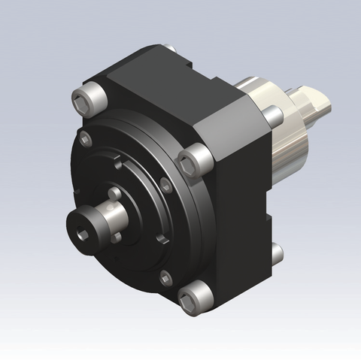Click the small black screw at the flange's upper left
click(86, 138)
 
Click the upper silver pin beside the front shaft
click(114, 194)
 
